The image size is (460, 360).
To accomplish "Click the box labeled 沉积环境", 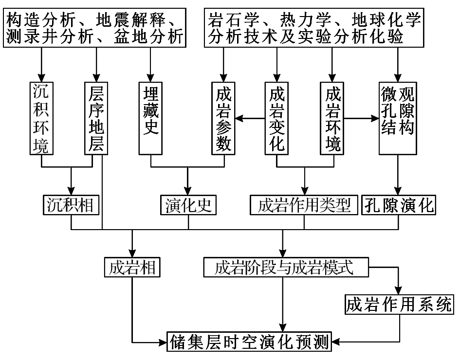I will tap(42, 118).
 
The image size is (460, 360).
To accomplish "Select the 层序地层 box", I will tap(96, 118).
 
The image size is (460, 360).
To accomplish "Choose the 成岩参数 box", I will tap(223, 118).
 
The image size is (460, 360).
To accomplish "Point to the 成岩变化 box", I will tap(277, 118).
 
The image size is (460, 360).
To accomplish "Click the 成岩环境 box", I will tap(332, 118).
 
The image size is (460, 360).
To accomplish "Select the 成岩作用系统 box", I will tap(399, 305).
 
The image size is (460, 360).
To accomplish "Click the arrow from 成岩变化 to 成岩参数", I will tap(250, 118).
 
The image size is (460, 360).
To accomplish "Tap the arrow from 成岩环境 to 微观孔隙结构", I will tap(362, 118).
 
